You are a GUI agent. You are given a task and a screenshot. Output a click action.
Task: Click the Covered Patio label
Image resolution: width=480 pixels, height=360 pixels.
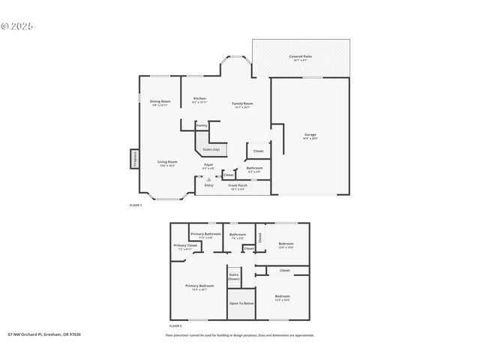(301, 56)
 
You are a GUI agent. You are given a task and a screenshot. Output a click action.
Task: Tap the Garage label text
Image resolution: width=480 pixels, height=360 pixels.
(310, 135)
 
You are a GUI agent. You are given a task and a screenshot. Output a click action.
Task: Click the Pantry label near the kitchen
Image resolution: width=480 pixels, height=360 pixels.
(202, 125)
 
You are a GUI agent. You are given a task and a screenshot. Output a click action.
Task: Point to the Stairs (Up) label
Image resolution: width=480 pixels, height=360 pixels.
(211, 149)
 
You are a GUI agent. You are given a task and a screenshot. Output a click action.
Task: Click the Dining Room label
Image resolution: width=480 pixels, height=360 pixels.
(160, 101)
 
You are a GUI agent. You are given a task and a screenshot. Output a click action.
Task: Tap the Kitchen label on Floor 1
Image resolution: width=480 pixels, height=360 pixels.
(199, 99)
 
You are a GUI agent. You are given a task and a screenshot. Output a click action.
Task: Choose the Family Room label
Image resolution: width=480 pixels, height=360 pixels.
(241, 103)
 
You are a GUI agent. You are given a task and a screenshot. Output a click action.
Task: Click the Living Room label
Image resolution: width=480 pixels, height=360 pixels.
(166, 162)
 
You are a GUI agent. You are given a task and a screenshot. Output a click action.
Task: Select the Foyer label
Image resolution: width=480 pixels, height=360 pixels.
(208, 165)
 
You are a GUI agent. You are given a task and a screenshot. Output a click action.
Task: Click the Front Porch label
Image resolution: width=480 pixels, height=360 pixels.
(238, 185)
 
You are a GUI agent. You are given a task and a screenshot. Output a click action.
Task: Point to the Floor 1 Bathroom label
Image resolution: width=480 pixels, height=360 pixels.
(254, 168)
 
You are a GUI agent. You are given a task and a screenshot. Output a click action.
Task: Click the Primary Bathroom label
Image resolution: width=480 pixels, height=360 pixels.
(205, 234)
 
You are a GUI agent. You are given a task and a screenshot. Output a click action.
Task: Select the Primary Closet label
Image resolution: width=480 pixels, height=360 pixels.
(185, 245)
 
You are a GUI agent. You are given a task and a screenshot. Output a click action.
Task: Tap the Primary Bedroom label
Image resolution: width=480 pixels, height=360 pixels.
(199, 286)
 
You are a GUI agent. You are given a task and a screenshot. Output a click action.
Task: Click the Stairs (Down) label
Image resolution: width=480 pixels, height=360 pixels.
(234, 276)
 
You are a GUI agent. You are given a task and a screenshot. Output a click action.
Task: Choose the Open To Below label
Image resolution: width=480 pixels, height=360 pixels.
(241, 303)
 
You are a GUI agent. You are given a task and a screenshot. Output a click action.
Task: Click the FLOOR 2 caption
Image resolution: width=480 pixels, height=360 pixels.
(175, 326)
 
